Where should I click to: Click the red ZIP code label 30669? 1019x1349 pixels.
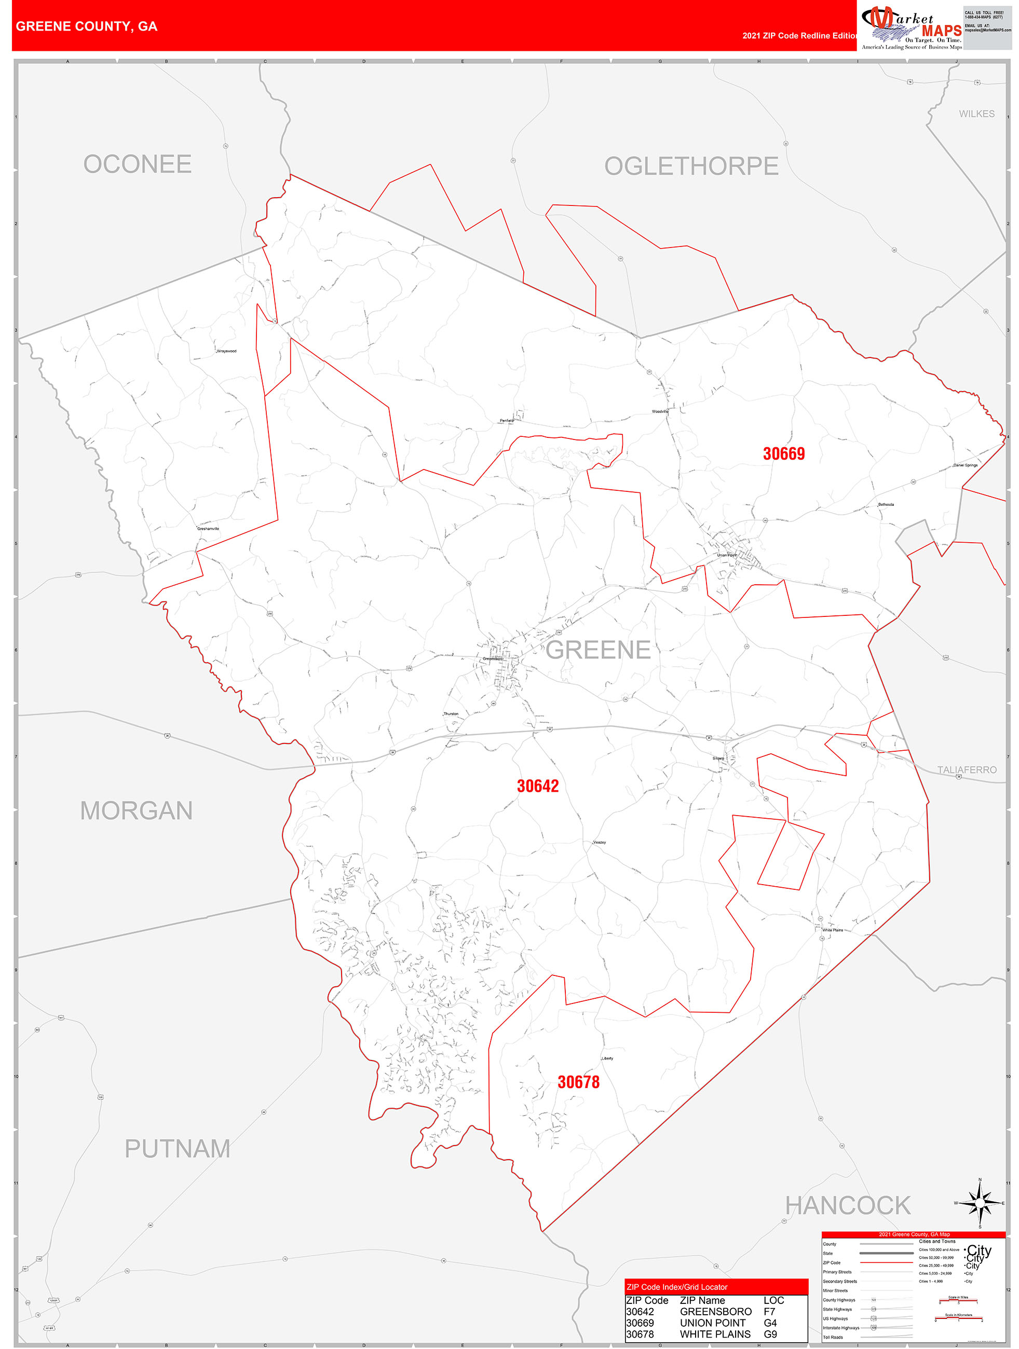tap(783, 454)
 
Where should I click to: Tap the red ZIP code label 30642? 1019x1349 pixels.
tap(538, 786)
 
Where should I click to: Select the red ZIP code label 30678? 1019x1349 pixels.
tap(578, 1082)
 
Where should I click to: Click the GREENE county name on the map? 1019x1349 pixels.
tap(598, 650)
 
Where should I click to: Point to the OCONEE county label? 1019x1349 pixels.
tap(137, 164)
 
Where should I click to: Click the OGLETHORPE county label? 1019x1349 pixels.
tap(691, 166)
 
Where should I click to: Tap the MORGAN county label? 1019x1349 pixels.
tap(137, 811)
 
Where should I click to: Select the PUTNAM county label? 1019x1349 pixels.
tap(178, 1149)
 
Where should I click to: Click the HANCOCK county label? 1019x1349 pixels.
tap(848, 1206)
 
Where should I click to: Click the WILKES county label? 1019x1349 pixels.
tap(976, 114)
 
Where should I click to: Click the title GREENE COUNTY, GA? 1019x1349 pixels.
tap(87, 26)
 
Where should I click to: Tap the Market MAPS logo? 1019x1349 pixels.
tap(911, 27)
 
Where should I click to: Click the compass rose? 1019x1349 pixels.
tap(980, 1203)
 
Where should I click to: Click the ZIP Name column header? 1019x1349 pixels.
tap(702, 1300)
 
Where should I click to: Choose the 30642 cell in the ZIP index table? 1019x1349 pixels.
tap(640, 1311)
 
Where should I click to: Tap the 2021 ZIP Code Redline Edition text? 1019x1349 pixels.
tap(799, 35)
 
